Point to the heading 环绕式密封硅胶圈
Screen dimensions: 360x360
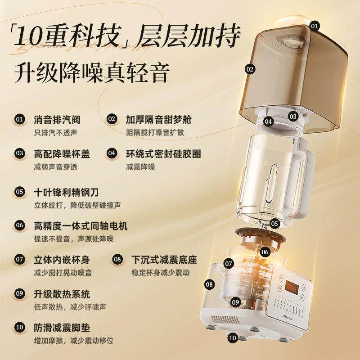163,153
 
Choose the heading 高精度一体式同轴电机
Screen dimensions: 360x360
81,225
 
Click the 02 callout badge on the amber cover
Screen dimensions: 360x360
250,69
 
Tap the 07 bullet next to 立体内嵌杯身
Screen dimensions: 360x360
19,259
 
